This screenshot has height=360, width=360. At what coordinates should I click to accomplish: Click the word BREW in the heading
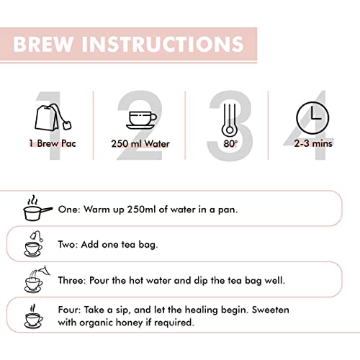coord(43,44)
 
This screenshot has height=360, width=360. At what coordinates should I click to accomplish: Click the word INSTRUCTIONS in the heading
coord(163,44)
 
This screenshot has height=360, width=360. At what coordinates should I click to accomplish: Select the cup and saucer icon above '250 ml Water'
coord(141,120)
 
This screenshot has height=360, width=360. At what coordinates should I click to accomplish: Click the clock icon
coord(312,117)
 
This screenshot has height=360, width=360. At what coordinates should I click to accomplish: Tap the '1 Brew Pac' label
coord(53,143)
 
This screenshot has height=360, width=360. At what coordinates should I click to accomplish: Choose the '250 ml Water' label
coord(140,144)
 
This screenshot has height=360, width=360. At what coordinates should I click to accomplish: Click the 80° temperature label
coord(230,143)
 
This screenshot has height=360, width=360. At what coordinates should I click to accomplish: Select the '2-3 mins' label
coord(313,143)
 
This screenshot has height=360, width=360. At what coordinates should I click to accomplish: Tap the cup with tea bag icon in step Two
coord(34,244)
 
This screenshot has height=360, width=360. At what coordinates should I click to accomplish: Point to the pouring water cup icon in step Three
coord(37,279)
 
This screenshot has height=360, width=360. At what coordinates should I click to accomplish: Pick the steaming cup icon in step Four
coord(34,316)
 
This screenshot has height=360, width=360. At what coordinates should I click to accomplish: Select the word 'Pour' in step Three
coord(99,280)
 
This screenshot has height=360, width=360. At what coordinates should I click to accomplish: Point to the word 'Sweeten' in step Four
coord(271,310)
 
